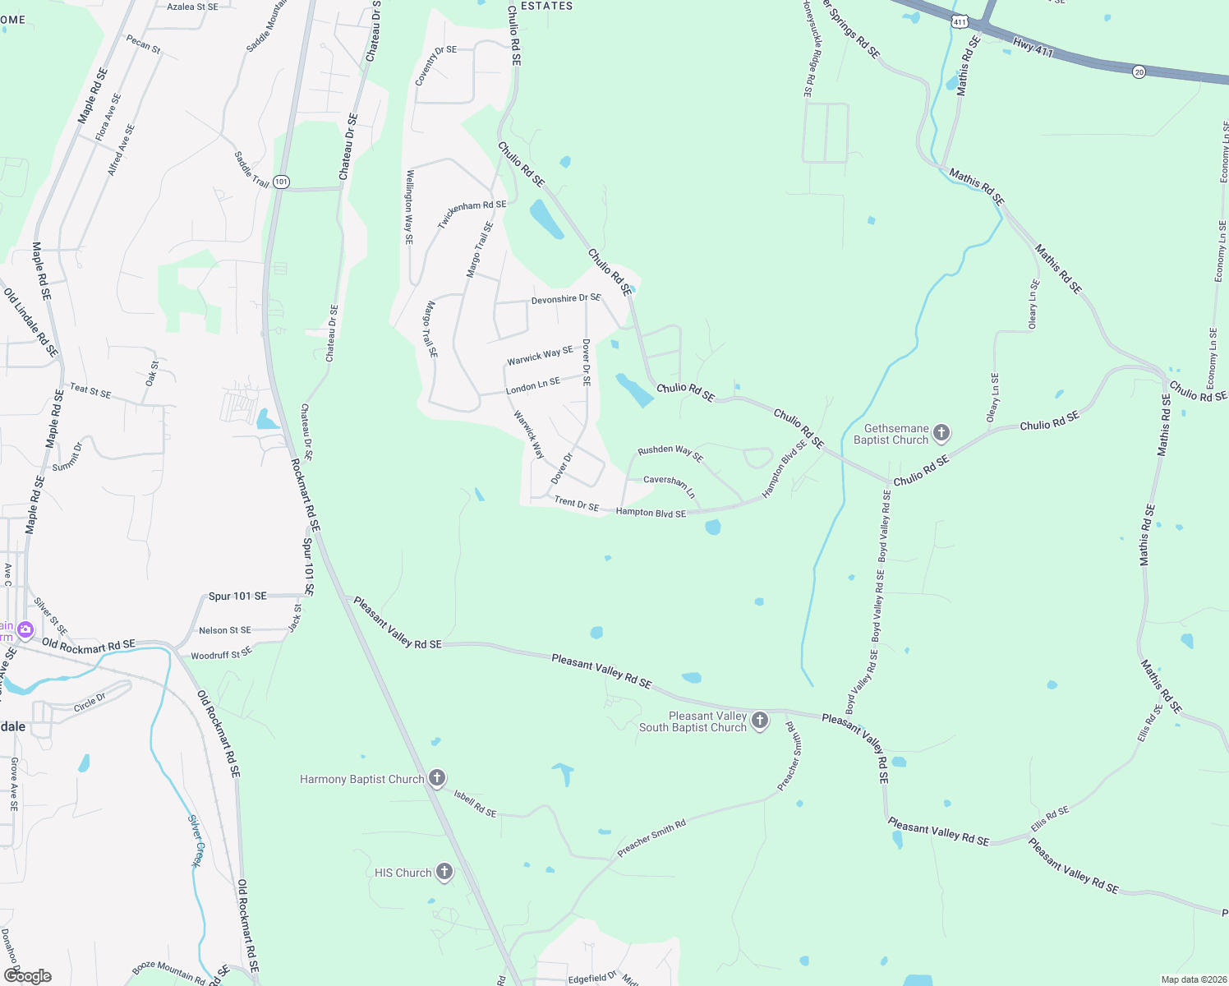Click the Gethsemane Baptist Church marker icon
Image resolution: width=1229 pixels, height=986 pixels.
pyautogui.click(x=941, y=432)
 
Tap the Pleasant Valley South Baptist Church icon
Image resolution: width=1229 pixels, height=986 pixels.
pyautogui.click(x=760, y=721)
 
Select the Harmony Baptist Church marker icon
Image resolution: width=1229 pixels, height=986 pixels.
pyautogui.click(x=437, y=777)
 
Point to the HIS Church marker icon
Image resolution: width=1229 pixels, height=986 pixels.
pyautogui.click(x=444, y=871)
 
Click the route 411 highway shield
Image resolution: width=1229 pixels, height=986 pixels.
pyautogui.click(x=960, y=22)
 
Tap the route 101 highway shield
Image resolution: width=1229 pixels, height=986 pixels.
pyautogui.click(x=281, y=182)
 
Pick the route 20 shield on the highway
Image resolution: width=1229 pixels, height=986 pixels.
pyautogui.click(x=1139, y=71)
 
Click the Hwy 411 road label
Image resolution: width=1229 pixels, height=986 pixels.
pyautogui.click(x=1033, y=48)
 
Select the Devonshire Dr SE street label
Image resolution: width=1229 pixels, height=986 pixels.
pyautogui.click(x=566, y=299)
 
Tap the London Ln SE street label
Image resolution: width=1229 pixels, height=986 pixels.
pyautogui.click(x=533, y=385)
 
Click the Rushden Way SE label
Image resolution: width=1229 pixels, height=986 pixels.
pyautogui.click(x=670, y=452)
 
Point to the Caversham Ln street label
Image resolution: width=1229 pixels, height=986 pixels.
pyautogui.click(x=670, y=485)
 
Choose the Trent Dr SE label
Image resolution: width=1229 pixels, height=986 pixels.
pyautogui.click(x=577, y=504)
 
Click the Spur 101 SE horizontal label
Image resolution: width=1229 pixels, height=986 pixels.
pyautogui.click(x=237, y=596)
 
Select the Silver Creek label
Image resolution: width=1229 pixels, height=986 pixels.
pyautogui.click(x=196, y=841)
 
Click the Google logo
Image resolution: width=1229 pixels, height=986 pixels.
pyautogui.click(x=27, y=976)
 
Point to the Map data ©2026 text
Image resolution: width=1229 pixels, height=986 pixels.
pyautogui.click(x=1193, y=979)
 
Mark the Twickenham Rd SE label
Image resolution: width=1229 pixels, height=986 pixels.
pyautogui.click(x=472, y=214)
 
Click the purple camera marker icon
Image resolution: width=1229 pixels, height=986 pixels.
pyautogui.click(x=25, y=630)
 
